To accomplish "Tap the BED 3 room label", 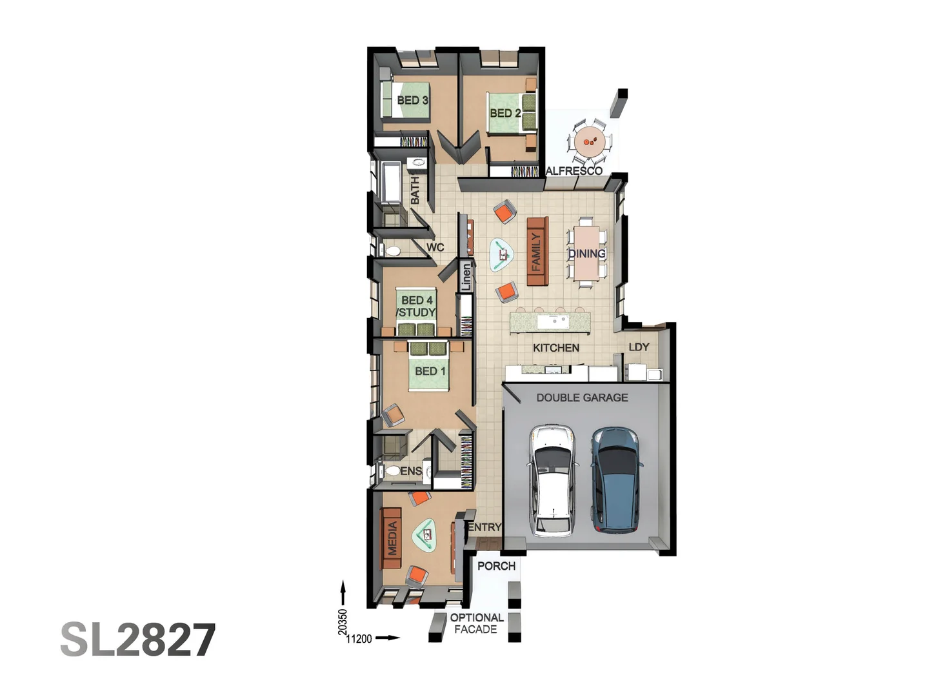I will (412, 100).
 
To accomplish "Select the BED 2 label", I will (505, 113).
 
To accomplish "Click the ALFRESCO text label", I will (574, 171).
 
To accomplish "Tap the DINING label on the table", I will (586, 254).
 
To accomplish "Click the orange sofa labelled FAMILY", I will (537, 251).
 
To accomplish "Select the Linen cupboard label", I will (466, 277).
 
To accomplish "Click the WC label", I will (435, 247).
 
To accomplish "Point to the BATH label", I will (415, 190).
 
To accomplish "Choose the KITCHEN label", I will (555, 348).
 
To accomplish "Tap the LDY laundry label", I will (639, 347).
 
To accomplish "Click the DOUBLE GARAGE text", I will (582, 398).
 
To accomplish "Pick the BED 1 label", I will (430, 371).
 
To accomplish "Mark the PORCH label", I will (496, 566).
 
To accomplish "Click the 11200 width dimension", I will (359, 639).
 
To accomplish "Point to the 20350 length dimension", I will (343, 621).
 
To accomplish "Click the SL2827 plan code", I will (138, 640).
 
